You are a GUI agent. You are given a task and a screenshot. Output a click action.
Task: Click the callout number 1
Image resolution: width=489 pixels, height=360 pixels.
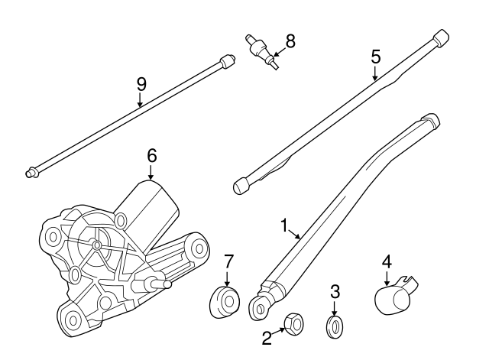(x=284, y=225)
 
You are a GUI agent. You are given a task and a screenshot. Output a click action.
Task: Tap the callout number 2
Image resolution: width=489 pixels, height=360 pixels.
(x=267, y=339)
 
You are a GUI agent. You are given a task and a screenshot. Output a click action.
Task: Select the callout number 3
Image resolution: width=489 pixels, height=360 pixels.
(x=334, y=290)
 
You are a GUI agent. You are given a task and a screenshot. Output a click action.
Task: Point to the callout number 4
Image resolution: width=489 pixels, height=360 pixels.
(x=387, y=261)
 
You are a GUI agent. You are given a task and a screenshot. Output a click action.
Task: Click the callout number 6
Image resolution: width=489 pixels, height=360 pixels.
(x=151, y=154)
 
